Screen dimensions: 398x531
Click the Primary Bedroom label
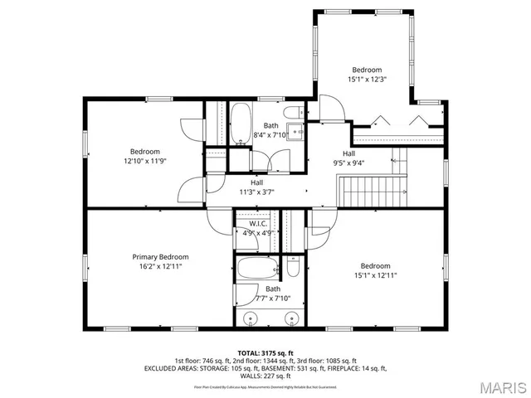161,257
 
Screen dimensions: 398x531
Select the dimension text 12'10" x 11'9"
144,161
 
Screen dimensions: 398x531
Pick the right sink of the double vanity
291,318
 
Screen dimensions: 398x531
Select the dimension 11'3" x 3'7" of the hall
256,192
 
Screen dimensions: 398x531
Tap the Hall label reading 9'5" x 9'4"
348,158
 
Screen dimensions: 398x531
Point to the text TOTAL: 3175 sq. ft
265,352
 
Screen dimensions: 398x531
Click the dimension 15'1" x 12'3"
368,80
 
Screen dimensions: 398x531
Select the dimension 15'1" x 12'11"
375,274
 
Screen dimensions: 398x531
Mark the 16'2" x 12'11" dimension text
161,267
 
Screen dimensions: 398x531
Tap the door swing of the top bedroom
329,108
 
